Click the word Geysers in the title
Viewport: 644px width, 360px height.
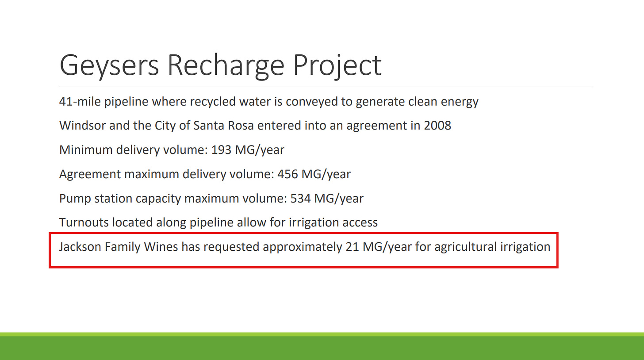point(109,66)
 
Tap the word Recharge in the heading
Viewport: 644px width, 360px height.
point(226,66)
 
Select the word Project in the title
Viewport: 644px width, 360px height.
point(337,67)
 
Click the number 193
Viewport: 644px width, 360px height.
point(221,150)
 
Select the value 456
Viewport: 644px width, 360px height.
point(287,174)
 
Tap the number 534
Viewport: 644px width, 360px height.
point(300,199)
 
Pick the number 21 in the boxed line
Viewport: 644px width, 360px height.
point(352,247)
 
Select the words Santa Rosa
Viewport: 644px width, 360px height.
point(223,126)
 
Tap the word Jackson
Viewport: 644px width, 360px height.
point(80,247)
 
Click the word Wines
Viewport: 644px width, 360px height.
point(161,247)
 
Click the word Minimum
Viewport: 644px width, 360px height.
point(86,150)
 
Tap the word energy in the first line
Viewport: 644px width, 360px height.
point(460,102)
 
